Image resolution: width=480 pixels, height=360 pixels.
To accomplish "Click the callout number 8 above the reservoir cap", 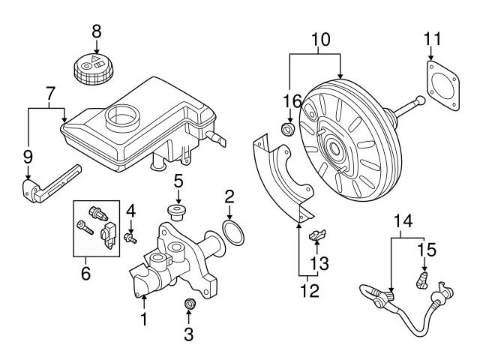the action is click(97, 31).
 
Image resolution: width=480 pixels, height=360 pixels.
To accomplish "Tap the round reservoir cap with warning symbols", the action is click(93, 69).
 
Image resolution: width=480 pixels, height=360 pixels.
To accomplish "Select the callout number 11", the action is click(433, 39).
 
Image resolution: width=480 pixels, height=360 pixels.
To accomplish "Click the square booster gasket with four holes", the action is click(443, 85).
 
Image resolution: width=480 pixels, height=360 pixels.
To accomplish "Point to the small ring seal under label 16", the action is click(288, 128).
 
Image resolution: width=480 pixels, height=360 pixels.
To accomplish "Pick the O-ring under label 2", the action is click(233, 233).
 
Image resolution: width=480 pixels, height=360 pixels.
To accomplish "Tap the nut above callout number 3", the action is click(190, 303).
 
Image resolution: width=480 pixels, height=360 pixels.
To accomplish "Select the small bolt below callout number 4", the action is click(130, 238).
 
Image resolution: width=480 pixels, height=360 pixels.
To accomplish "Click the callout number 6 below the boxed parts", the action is click(86, 273).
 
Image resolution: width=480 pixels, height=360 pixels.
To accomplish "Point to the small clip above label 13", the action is click(317, 235).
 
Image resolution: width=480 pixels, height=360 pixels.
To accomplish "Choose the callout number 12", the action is click(310, 290).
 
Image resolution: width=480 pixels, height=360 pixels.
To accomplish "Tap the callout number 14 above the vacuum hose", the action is click(403, 221).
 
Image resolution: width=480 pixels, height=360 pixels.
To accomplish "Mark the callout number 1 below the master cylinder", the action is click(143, 319).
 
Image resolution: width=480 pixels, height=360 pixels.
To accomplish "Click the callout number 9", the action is click(28, 157).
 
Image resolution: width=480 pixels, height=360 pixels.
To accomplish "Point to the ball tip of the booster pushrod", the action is click(421, 100).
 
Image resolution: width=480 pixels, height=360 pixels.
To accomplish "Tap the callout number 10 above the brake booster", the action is click(321, 40).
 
